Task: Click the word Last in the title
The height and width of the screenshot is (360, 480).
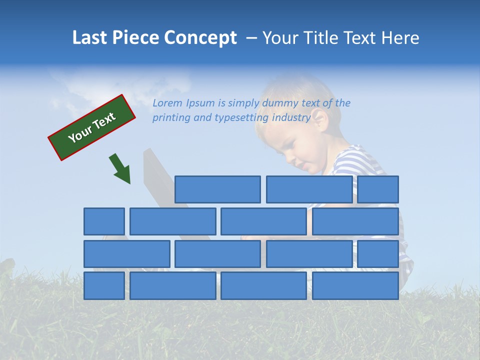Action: (90, 38)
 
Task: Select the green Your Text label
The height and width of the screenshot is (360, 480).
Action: (92, 127)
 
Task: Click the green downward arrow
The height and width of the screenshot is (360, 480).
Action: (120, 169)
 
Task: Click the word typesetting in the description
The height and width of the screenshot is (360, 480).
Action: (241, 118)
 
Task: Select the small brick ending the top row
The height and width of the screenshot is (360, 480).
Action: (378, 189)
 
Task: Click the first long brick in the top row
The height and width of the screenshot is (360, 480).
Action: (217, 189)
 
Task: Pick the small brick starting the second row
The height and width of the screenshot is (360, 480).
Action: (104, 221)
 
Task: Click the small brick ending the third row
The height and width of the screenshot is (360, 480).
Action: (378, 254)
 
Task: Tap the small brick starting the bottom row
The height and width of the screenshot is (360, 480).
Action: (104, 286)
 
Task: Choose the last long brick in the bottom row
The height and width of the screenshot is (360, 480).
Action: (355, 286)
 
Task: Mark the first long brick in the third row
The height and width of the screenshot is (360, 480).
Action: (127, 254)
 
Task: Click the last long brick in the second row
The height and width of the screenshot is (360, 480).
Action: (355, 221)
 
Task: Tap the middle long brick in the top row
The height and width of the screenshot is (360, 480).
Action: (309, 189)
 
